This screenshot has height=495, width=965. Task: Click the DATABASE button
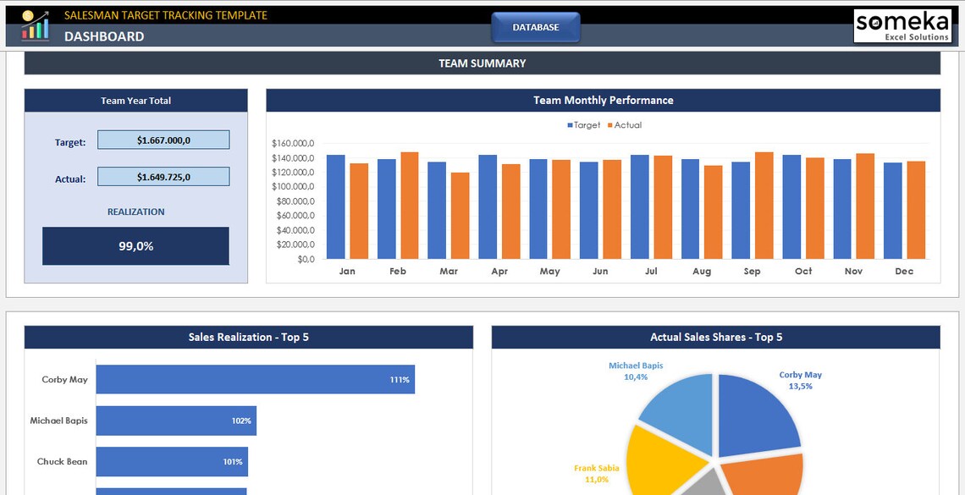536,27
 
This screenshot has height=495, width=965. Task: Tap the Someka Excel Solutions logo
902,25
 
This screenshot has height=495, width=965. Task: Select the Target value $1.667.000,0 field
163,140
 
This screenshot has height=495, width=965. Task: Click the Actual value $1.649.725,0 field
163,177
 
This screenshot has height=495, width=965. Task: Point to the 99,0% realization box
135,246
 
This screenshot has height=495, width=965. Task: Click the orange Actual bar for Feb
410,206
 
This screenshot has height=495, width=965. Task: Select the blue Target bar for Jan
336,207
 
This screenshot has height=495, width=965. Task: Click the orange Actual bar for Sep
764,206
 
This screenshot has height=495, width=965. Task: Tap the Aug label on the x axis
702,272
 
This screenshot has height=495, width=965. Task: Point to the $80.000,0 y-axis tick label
293,201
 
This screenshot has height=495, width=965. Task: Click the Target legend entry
583,125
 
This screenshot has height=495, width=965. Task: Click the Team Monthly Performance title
603,100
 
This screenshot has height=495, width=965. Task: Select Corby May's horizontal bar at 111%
255,379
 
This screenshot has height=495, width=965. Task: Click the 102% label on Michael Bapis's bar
241,421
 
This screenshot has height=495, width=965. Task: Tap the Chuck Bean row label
63,462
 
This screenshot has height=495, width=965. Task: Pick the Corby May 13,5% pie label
800,380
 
